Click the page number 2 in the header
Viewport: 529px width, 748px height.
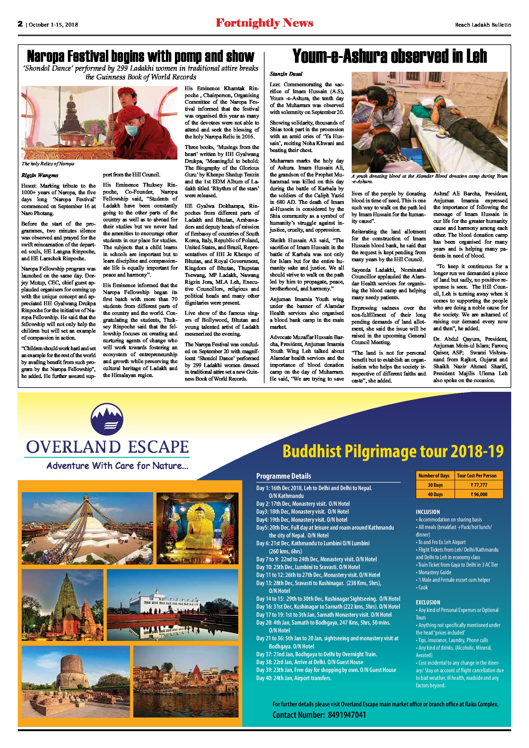[20, 24]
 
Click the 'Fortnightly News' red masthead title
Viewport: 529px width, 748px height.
[264, 23]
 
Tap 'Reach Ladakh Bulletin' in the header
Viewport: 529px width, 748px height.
[483, 25]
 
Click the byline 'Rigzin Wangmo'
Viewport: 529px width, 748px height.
[40, 175]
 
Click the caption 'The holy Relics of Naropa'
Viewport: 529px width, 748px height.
[48, 163]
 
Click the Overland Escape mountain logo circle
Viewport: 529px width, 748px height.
[107, 420]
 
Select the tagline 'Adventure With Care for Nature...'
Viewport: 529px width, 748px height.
[117, 466]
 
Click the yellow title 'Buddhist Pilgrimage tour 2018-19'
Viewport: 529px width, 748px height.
[393, 452]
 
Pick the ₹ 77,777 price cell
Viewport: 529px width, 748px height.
[479, 485]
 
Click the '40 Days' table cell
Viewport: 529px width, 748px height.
[435, 495]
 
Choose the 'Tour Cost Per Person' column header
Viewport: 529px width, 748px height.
[477, 476]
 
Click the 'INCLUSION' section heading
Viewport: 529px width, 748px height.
[428, 512]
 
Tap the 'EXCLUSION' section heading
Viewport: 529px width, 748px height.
[428, 602]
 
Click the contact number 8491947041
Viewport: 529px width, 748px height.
[347, 715]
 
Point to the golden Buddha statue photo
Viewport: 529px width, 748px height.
[198, 528]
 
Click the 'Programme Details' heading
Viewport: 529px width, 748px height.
[284, 476]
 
